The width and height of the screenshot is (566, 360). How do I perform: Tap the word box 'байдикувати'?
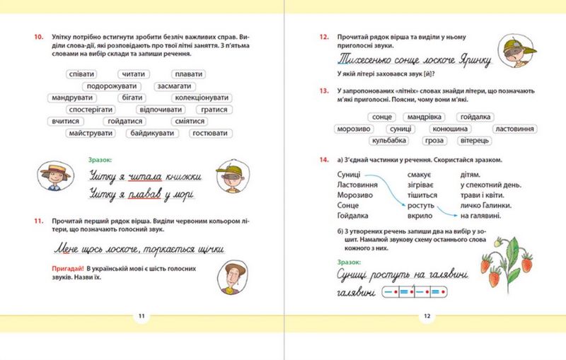click(x=154, y=133)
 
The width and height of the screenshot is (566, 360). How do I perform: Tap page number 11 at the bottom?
click(x=141, y=315)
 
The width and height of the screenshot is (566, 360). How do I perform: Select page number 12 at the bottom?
click(x=425, y=315)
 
